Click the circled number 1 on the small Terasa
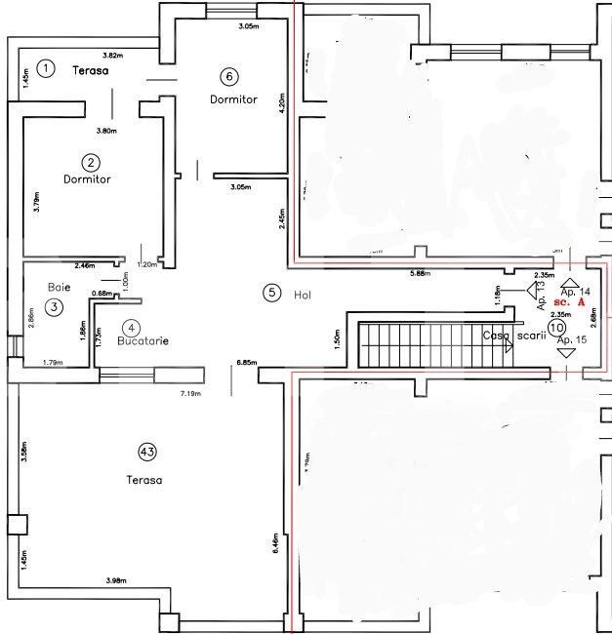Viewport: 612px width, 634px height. click(x=46, y=67)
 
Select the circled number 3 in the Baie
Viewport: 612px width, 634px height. click(x=54, y=307)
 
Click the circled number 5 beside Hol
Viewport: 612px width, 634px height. click(x=272, y=292)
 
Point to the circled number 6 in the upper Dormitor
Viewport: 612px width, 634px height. click(x=229, y=76)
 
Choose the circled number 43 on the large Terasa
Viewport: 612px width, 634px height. click(x=147, y=451)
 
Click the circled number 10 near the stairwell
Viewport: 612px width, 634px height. click(x=556, y=329)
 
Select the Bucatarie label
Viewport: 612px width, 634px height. click(x=143, y=342)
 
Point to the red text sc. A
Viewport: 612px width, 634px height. click(x=570, y=303)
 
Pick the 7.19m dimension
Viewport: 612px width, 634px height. click(x=190, y=393)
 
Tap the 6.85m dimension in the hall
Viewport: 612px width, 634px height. click(x=246, y=362)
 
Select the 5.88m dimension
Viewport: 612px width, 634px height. click(x=424, y=273)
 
